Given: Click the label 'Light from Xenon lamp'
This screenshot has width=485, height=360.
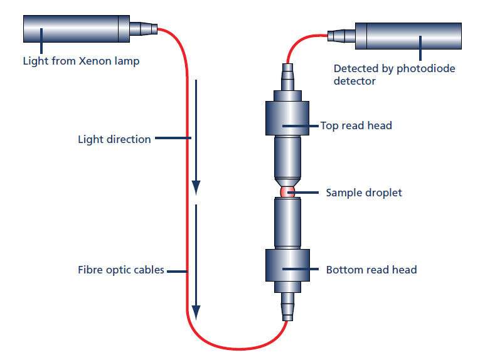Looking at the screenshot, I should point(81,61).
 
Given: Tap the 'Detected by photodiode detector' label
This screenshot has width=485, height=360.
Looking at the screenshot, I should point(394,75).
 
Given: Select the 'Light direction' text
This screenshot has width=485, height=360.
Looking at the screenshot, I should point(114,139).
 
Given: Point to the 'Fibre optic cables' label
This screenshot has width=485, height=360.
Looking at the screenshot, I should point(121,270).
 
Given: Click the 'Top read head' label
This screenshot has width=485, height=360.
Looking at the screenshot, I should point(356,125).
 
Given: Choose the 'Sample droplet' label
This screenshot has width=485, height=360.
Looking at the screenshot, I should point(364,193).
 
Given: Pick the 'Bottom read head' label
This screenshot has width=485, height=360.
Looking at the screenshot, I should point(371,270).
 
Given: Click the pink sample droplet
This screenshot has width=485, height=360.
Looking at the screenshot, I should point(287,191).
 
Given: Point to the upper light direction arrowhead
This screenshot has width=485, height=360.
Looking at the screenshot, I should point(196,187).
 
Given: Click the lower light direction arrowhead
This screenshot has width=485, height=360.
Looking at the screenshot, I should point(196,312).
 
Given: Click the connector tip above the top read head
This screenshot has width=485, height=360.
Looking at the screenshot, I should point(287,79).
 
